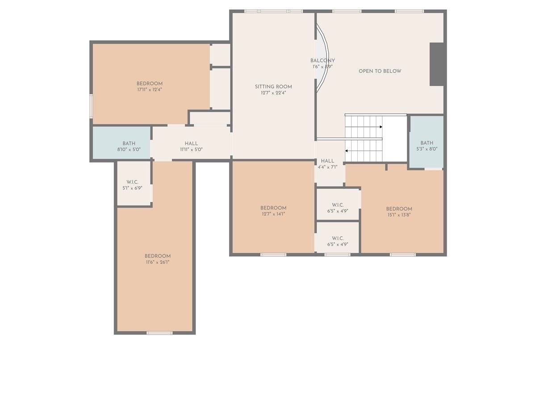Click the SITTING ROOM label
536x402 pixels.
point(273,87)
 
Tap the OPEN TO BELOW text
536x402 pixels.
point(380,71)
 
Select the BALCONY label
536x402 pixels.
point(322,61)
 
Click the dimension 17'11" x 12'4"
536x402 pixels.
point(150,90)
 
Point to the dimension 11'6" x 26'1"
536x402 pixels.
point(158,262)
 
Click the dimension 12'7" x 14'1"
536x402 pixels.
point(273,214)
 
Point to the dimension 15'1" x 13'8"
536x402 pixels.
point(399,215)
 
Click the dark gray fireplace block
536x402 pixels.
point(436,64)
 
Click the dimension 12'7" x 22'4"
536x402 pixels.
point(273,93)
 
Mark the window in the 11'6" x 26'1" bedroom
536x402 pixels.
point(159,333)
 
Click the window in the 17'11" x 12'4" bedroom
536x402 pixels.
point(91,106)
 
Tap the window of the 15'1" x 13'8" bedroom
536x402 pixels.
point(402,255)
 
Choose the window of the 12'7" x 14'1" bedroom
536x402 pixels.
point(273,255)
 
